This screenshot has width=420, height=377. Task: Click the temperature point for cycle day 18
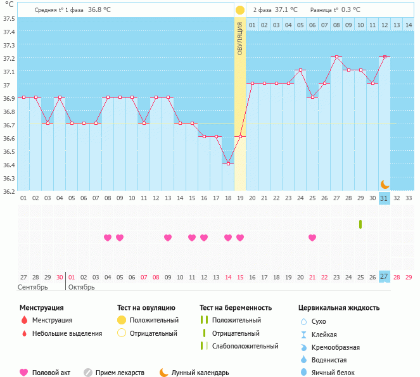coord(228,163)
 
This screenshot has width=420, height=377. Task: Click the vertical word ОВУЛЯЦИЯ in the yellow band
coord(240,39)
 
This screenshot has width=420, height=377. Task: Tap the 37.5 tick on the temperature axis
coord(9,18)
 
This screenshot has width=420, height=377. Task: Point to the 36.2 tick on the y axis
coord(9,191)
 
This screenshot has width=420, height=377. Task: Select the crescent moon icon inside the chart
coord(385,184)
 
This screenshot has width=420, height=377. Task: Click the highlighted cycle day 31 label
coord(385,198)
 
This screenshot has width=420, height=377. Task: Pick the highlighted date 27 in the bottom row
coord(385,276)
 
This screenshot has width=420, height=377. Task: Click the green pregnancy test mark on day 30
coord(360,224)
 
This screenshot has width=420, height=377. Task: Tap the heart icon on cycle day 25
coord(312,238)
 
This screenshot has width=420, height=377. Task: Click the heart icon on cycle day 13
coord(168,238)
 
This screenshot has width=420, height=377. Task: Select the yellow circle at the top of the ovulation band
coord(240,10)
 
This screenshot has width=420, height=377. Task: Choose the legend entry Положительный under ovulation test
coord(154,321)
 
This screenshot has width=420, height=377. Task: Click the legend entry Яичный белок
coord(337,373)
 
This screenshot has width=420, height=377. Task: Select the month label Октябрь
coord(81,287)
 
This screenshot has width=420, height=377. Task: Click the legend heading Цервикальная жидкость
coord(339,307)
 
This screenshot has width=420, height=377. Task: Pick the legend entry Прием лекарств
coord(120,373)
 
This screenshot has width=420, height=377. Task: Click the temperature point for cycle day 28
coord(336,57)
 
